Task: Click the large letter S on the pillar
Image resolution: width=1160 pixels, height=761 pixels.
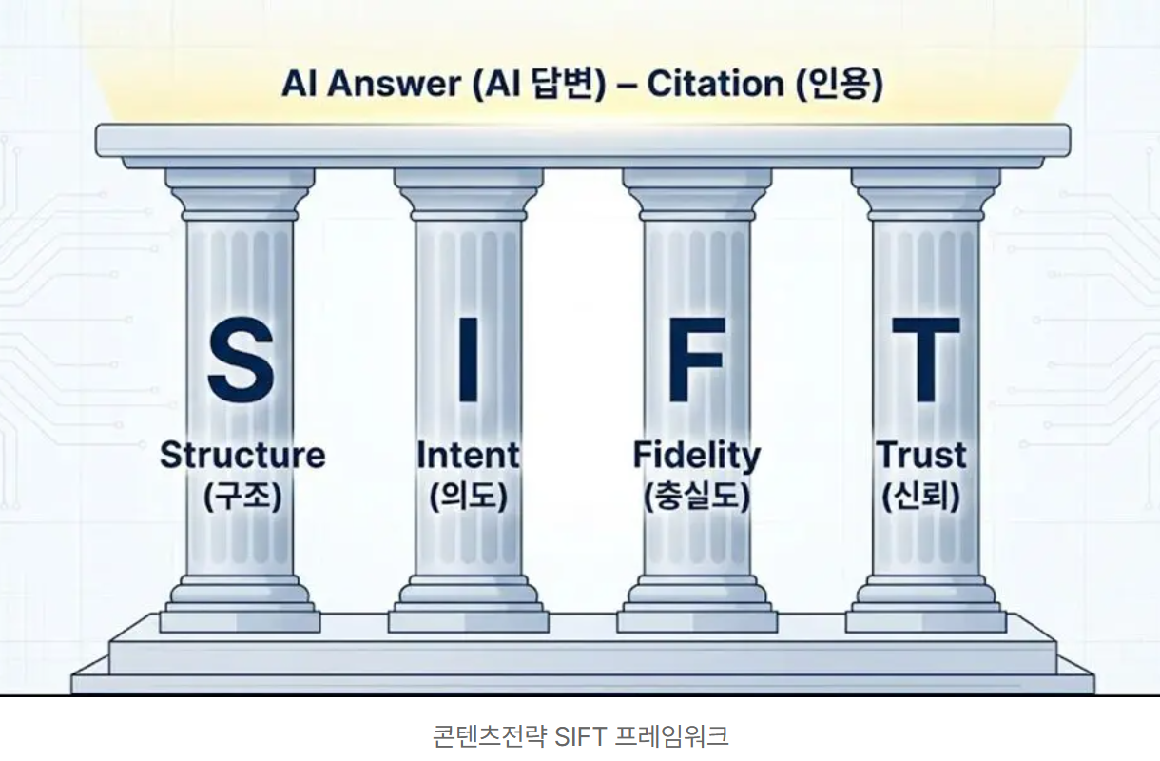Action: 241,360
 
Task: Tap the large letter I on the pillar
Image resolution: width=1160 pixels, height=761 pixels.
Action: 469,360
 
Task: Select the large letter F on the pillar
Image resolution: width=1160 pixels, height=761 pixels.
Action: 697,360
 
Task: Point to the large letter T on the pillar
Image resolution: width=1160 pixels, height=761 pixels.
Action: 925,360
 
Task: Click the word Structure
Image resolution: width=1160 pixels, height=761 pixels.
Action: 242,456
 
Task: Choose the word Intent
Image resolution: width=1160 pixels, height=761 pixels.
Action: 468,456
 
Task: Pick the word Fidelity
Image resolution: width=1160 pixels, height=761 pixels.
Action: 697,457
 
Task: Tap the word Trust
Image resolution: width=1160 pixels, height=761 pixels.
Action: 921,456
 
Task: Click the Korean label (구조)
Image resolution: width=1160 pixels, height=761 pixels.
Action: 242,497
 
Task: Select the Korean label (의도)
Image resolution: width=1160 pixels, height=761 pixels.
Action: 469,497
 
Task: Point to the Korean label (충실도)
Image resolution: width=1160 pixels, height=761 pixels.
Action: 697,497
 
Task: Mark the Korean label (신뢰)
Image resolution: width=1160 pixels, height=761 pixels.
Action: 921,497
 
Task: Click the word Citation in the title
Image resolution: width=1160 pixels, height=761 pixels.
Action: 715,84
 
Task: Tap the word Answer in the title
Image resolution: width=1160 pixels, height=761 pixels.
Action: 394,84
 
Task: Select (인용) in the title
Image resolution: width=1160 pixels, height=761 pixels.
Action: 840,85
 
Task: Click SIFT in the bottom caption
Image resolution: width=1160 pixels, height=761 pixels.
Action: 581,736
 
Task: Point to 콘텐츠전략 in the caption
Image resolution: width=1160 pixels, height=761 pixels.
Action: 490,736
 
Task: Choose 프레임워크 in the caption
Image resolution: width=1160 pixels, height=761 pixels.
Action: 671,736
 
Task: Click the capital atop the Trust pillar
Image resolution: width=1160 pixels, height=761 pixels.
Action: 925,195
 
